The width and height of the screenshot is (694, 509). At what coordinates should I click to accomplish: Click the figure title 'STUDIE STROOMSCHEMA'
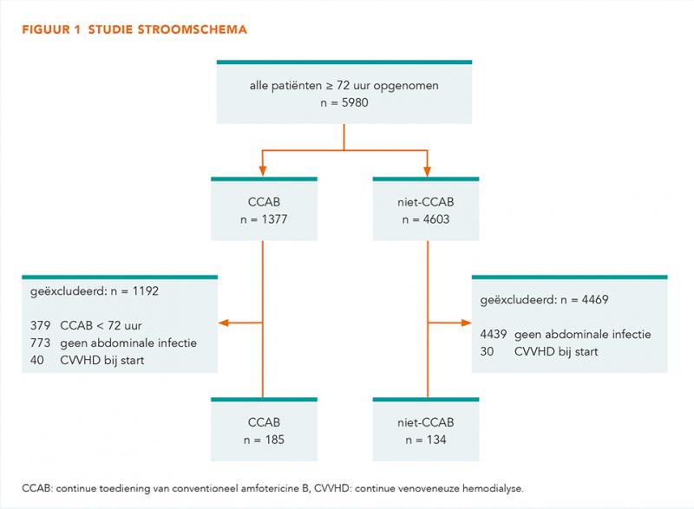167,29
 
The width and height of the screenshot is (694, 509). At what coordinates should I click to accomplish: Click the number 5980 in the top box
355,102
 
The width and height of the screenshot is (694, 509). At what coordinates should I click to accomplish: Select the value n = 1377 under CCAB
264,219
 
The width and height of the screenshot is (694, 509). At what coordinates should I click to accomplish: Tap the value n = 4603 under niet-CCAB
426,219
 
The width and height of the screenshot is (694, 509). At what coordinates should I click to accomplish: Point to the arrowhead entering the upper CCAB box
263,171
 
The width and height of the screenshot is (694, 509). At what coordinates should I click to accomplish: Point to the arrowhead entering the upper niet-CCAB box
427,171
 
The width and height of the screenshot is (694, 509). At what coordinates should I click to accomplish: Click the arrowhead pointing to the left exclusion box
224,323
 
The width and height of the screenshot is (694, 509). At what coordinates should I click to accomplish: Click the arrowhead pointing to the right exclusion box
466,323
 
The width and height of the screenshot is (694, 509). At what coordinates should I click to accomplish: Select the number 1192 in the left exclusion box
145,291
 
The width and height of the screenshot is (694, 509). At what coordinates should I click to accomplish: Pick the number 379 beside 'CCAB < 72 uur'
40,325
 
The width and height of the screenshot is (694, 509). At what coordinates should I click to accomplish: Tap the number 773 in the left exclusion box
40,343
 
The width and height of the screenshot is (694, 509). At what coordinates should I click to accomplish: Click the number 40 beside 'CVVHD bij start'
37,360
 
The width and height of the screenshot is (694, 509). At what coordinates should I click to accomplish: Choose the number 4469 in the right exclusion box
595,299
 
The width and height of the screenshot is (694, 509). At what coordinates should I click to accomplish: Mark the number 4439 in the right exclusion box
494,335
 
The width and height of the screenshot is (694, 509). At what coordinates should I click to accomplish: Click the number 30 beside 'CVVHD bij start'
487,351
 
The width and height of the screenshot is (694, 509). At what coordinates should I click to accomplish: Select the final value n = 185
264,440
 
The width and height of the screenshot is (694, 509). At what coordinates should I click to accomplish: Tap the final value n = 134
426,440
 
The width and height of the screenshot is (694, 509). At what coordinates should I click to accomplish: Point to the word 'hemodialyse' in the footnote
493,489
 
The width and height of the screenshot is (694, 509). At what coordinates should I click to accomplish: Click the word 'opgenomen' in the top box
406,86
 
